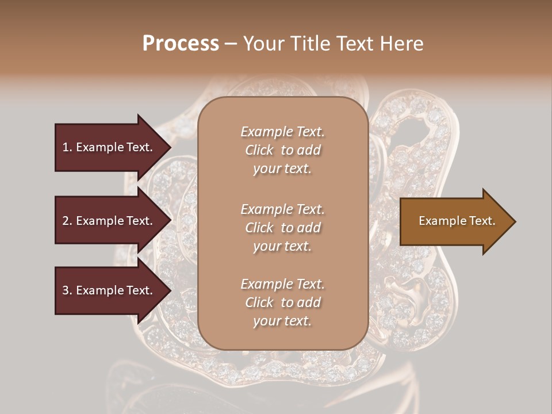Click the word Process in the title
click(x=181, y=43)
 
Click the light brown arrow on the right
click(x=454, y=221)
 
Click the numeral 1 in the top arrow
click(x=65, y=147)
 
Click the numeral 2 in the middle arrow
click(x=66, y=221)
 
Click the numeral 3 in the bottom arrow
click(x=66, y=290)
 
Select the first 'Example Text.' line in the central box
click(x=282, y=132)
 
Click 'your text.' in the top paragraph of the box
click(x=282, y=169)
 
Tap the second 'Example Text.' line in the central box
click(x=282, y=209)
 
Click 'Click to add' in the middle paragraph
click(x=282, y=228)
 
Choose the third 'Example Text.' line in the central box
click(x=282, y=284)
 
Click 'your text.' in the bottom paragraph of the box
click(x=282, y=321)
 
